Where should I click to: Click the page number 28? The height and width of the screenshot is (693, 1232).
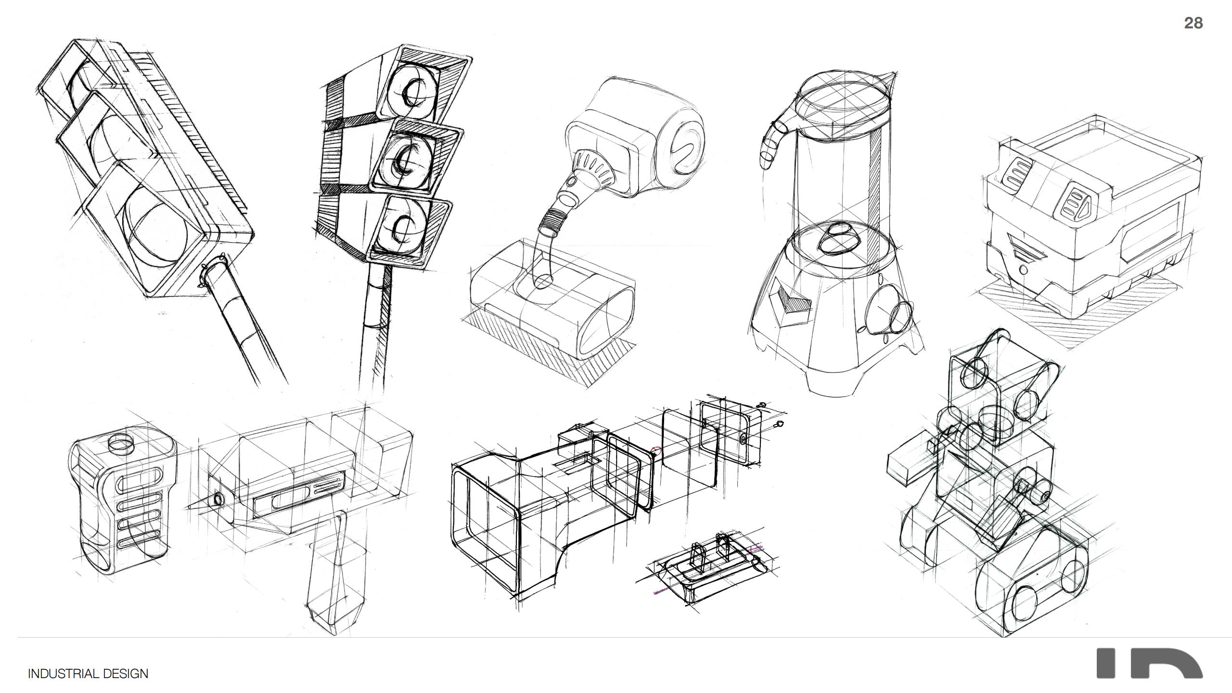pyautogui.click(x=1193, y=23)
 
